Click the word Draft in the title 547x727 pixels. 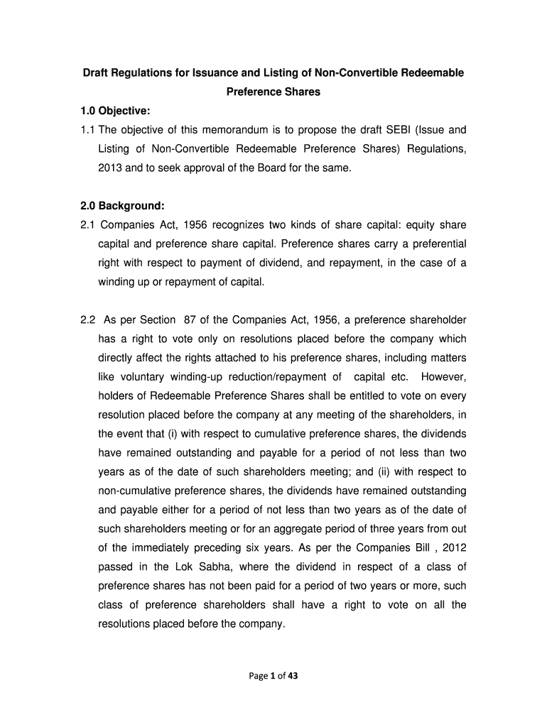97,73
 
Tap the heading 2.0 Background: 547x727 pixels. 122,206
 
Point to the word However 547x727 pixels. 443,377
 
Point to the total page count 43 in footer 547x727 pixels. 293,676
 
